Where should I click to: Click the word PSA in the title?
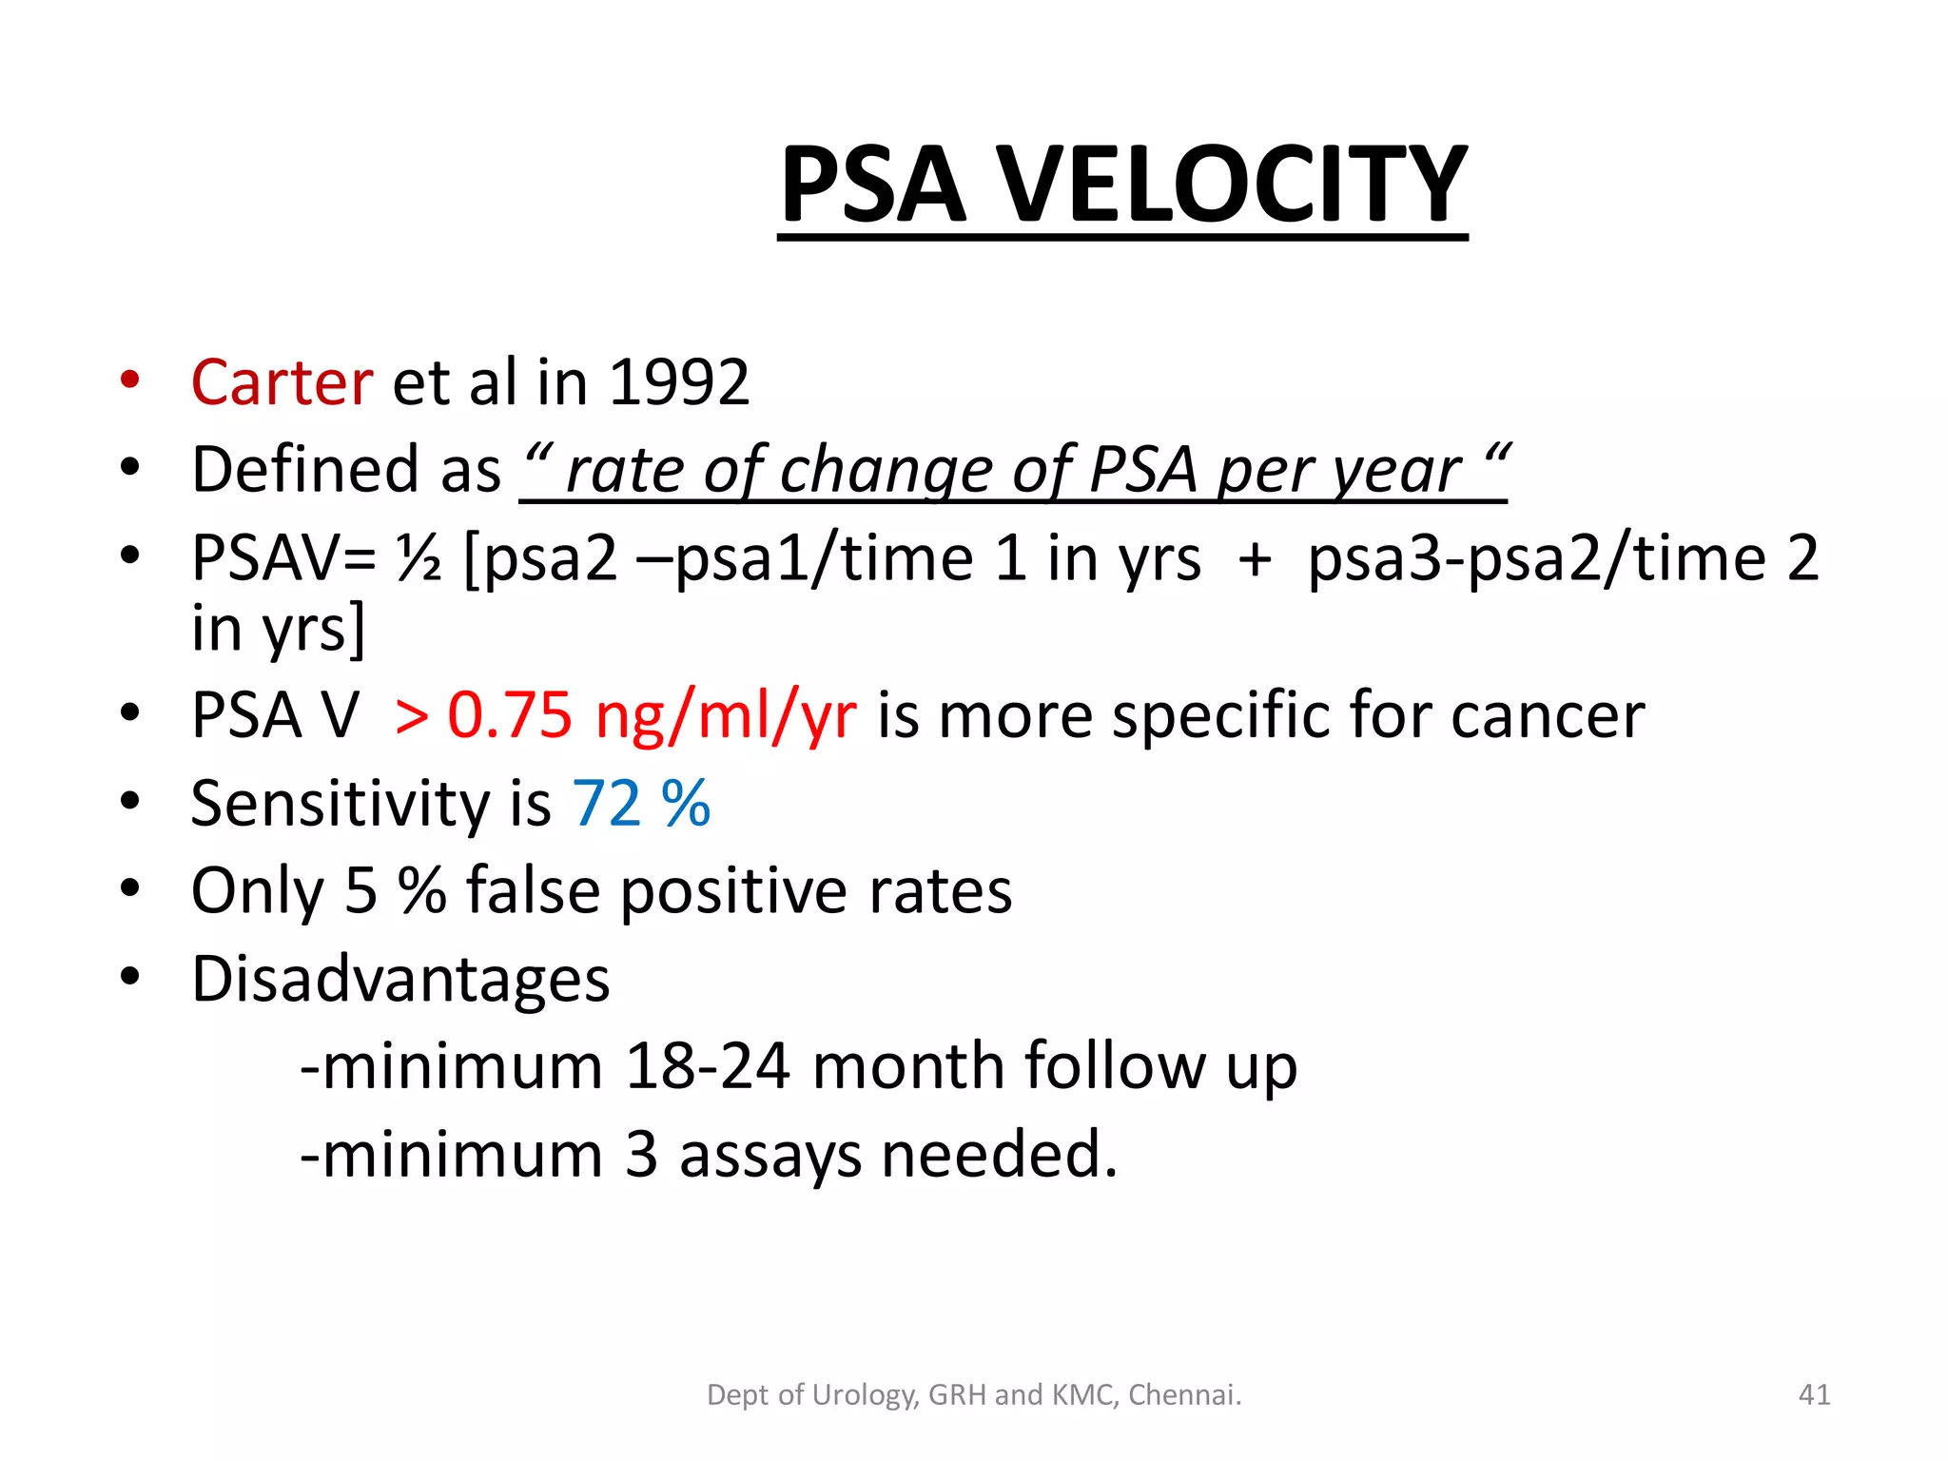[873, 185]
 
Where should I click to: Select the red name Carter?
[282, 382]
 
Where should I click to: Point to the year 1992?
[678, 382]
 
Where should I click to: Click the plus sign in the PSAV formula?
[1255, 559]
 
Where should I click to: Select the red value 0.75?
[510, 714]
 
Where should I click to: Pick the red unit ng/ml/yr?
[726, 716]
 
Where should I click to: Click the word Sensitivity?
[340, 804]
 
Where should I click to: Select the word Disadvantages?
[400, 980]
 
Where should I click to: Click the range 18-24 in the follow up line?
[708, 1066]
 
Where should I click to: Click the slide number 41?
[1814, 1394]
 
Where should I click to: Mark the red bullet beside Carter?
[130, 380]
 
